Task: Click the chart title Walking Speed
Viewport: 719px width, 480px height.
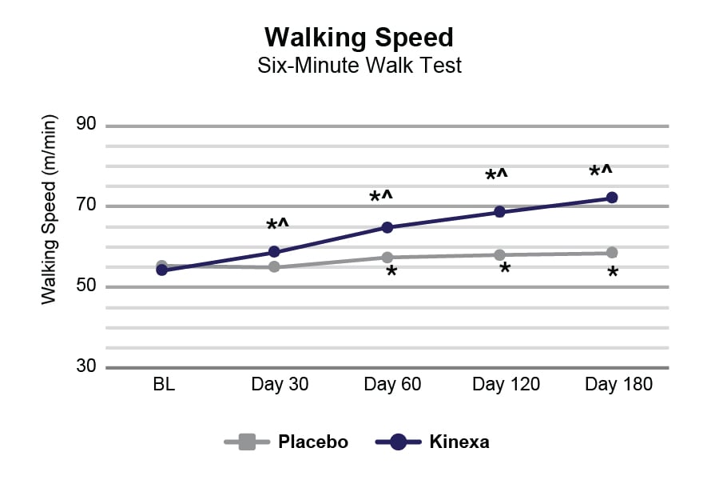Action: [x=359, y=37]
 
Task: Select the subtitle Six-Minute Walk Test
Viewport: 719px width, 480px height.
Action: [x=359, y=66]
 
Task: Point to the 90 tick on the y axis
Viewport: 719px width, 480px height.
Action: [x=86, y=125]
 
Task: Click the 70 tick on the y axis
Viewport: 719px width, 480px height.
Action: [x=86, y=206]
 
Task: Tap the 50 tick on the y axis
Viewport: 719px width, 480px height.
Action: [x=86, y=286]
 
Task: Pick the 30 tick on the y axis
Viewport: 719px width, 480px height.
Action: [x=86, y=367]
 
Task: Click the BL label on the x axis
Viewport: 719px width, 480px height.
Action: [x=163, y=384]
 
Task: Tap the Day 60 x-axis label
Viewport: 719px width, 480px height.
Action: [x=392, y=384]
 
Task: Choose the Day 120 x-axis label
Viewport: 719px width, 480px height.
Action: [x=506, y=384]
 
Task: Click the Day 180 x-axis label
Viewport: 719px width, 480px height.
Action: [x=618, y=384]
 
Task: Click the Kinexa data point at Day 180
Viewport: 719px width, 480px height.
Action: [x=612, y=198]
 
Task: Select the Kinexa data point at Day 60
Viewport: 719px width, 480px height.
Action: [x=387, y=227]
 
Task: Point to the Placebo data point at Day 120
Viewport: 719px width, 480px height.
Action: [x=500, y=255]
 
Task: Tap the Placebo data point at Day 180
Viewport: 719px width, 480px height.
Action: [x=612, y=253]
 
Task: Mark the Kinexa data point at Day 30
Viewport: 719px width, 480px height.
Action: [x=274, y=252]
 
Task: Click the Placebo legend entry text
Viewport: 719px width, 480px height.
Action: [x=313, y=442]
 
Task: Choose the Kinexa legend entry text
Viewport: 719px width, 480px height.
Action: [x=459, y=442]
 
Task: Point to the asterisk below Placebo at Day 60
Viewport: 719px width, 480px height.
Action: [x=391, y=273]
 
